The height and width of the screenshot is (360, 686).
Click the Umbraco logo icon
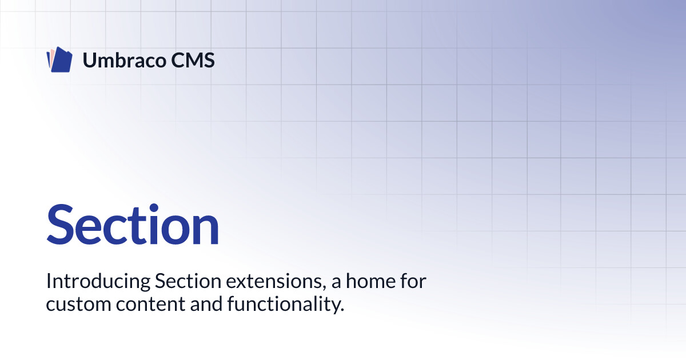click(59, 59)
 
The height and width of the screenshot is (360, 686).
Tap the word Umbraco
click(125, 60)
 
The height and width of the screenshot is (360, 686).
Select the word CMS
click(193, 60)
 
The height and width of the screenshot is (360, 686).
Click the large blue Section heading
click(133, 224)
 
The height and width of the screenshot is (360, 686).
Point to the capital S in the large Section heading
click(61, 224)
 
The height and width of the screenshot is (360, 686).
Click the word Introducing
click(98, 281)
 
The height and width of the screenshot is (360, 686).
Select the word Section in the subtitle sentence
click(188, 281)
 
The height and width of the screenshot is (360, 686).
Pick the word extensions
click(274, 281)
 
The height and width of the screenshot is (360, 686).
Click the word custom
click(78, 305)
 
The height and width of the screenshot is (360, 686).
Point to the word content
click(150, 305)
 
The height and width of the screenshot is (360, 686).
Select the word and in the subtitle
click(206, 304)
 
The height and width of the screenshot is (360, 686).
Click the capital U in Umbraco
click(90, 61)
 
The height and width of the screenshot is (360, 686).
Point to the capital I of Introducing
click(48, 281)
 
